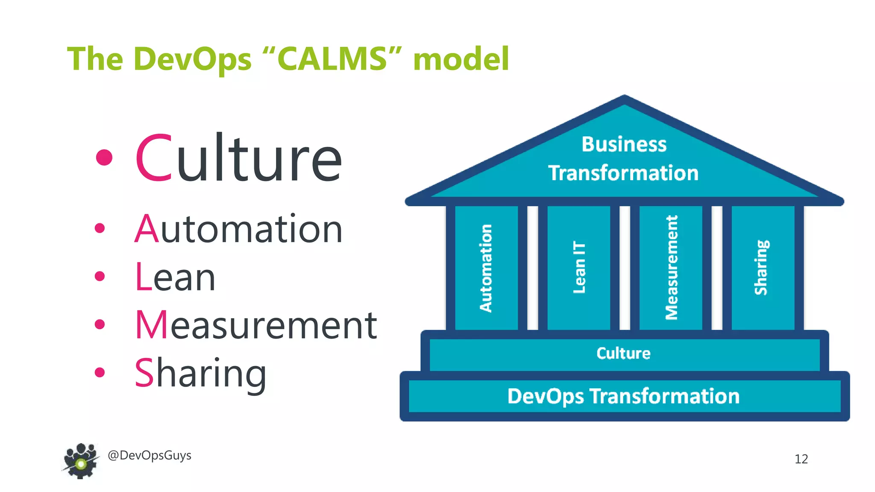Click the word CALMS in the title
point(332,59)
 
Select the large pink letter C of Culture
point(154,158)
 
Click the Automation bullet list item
point(238,229)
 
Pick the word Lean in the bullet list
point(175,278)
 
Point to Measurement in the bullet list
point(255,325)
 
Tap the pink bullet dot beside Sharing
point(100,372)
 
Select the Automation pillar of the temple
point(486,268)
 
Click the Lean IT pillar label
point(579,267)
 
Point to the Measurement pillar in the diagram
point(671,267)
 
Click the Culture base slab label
point(623,354)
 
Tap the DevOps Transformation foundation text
point(623,396)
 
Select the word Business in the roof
point(624,144)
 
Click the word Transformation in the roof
point(623,173)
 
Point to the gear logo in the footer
point(81,461)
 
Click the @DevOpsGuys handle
point(150,456)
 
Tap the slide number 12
point(801,459)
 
